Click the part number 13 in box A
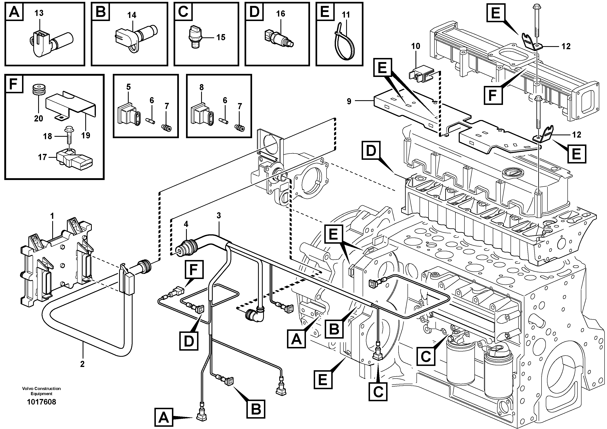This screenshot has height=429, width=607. point(39,13)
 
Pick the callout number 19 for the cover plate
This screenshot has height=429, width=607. point(86,136)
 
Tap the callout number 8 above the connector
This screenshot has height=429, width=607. point(202,87)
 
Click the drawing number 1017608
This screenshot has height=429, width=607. point(41,402)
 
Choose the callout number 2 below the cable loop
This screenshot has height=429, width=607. point(82,364)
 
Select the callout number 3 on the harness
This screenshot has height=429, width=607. point(219,216)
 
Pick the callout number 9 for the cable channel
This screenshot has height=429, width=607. point(349,101)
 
